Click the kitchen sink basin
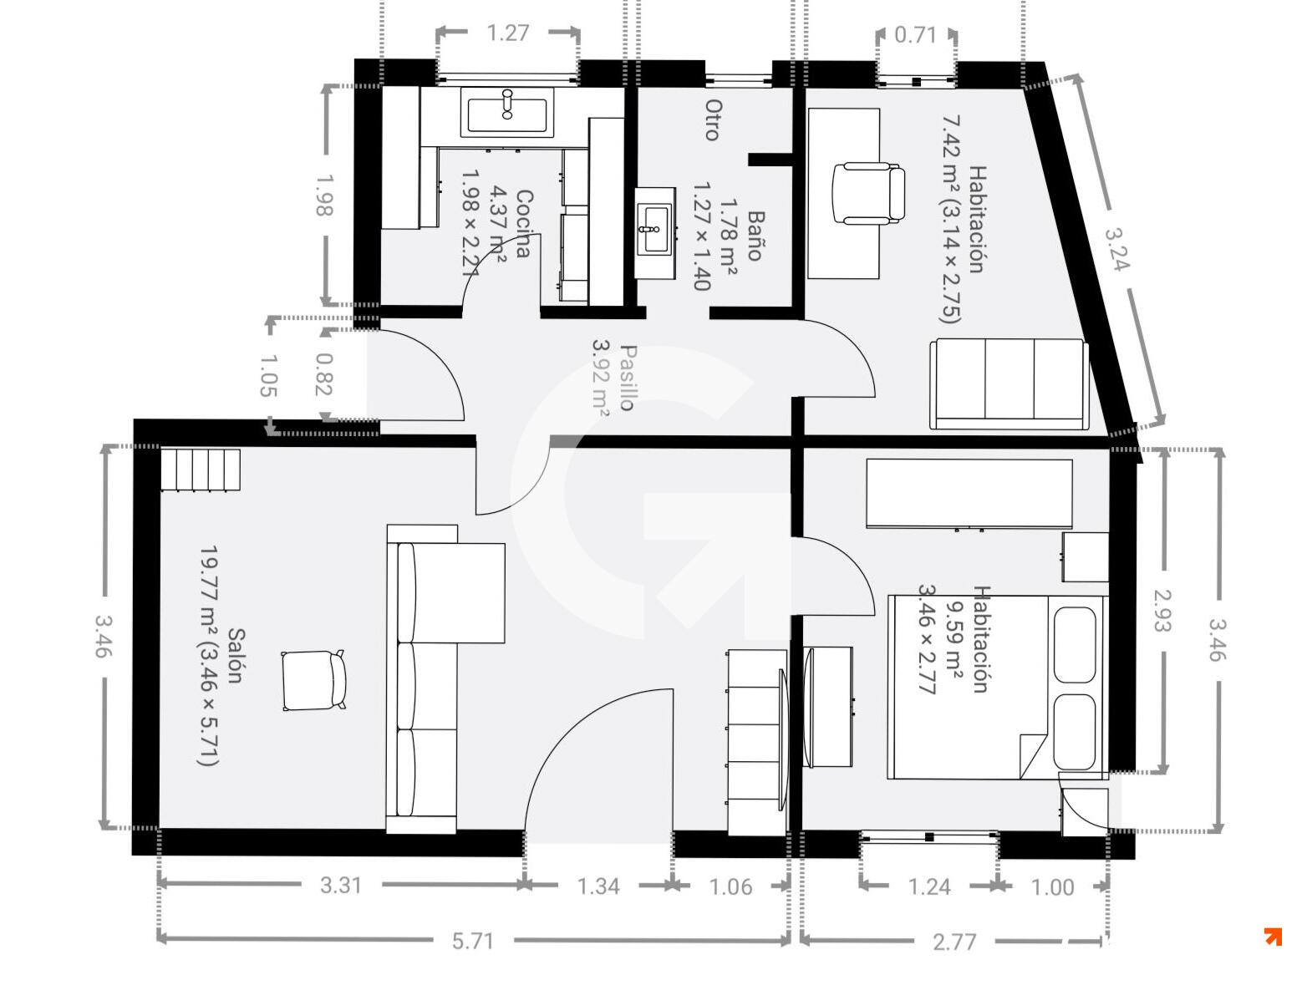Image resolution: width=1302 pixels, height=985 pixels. [506, 114]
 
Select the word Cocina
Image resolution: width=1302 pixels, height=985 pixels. [522, 224]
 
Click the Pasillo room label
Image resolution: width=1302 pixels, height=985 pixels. [628, 378]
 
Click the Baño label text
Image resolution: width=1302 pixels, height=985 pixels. [755, 236]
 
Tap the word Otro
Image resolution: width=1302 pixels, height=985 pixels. [714, 119]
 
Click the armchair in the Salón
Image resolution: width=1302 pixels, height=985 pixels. [313, 680]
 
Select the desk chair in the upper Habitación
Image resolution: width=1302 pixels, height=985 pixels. [868, 195]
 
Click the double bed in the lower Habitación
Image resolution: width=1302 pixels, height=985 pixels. [997, 687]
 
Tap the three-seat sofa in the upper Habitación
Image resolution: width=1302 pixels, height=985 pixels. [1009, 383]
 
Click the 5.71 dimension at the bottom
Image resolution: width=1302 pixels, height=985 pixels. [473, 941]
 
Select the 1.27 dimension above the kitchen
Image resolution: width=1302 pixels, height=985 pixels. [508, 33]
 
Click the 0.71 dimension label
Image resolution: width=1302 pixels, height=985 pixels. [915, 35]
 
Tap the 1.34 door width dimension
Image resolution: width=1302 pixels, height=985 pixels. [598, 886]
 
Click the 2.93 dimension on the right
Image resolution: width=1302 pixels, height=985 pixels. [1162, 610]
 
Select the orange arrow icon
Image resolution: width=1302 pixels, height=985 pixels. [1274, 937]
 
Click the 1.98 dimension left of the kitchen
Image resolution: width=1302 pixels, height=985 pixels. [324, 195]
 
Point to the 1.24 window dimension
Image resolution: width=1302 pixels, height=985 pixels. [929, 887]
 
